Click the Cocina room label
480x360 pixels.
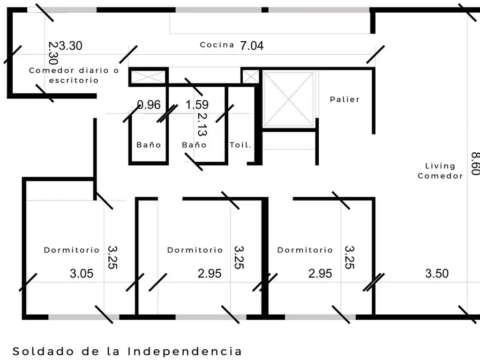pos(217,45)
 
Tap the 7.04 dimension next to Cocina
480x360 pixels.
pos(252,45)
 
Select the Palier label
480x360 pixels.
pos(345,99)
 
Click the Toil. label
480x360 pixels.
pos(240,145)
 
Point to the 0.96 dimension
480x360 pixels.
pos(149,105)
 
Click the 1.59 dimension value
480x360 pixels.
pos(197,105)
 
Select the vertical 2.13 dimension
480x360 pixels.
pos(202,124)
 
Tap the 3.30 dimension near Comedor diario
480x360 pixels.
pos(70,45)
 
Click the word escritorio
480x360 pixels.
pos(74,81)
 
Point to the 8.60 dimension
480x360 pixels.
pos(475,164)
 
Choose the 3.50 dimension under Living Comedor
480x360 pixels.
pos(437,273)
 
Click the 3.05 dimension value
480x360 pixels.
pos(82,273)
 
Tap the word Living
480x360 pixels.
pos(440,166)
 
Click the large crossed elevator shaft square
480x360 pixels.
pos(289,99)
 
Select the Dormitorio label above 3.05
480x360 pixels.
pos(72,250)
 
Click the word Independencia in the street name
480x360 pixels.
pos(185,352)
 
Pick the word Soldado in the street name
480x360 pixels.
pos(43,352)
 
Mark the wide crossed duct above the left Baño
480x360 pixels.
pos(148,77)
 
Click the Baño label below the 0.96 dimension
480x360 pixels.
pos(149,145)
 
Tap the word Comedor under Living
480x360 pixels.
pos(440,176)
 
